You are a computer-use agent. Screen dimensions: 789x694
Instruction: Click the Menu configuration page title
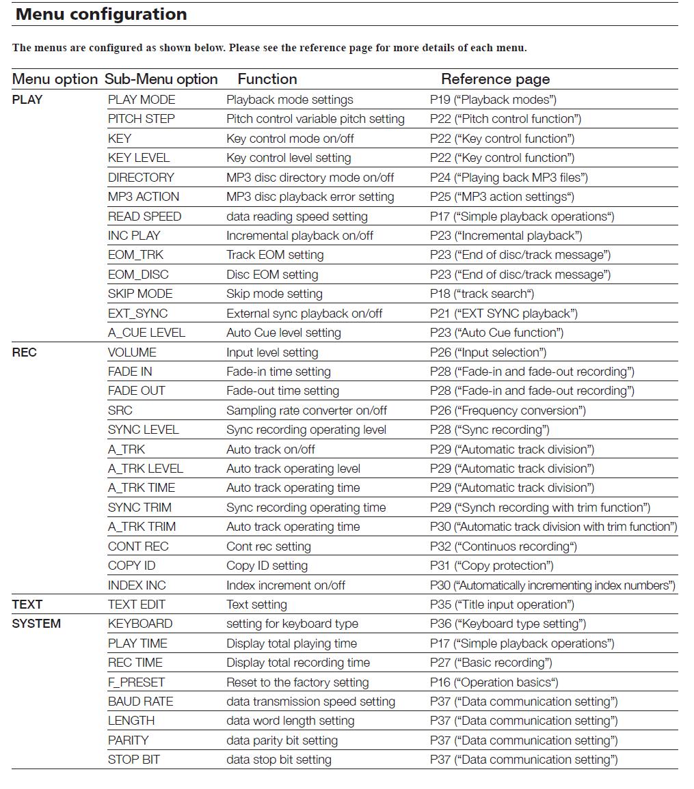(101, 14)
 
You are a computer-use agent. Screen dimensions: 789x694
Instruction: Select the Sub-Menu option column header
(161, 79)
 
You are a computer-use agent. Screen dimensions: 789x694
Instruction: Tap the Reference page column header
(495, 79)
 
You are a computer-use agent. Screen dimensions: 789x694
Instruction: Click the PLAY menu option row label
(27, 100)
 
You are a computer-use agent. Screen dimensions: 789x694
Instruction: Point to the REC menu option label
(25, 352)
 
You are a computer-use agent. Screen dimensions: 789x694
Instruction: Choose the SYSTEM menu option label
(36, 624)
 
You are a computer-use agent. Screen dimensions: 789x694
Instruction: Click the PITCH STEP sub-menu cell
(142, 119)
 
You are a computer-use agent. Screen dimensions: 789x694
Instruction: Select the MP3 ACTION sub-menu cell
(144, 197)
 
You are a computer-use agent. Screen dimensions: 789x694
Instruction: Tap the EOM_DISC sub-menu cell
(138, 275)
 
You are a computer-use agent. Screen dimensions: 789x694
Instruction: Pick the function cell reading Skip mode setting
(274, 294)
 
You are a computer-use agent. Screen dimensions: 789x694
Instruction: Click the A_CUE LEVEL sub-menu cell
(146, 333)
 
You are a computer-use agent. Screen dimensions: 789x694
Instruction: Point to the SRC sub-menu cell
(120, 411)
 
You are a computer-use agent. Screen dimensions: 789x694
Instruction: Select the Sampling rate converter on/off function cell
(306, 411)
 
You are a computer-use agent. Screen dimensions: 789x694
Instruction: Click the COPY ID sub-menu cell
(131, 566)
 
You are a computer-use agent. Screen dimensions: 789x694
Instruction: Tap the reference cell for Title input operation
(502, 605)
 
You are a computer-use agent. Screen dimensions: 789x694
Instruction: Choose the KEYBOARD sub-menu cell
(140, 624)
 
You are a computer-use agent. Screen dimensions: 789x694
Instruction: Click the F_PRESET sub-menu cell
(136, 682)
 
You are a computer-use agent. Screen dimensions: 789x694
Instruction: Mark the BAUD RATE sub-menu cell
(140, 702)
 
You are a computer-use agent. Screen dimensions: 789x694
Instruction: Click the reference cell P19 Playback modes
(493, 100)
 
